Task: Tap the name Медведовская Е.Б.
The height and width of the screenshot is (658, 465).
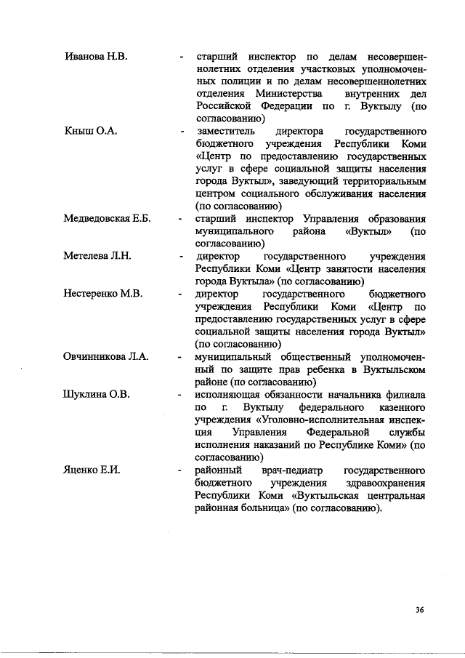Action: click(x=107, y=219)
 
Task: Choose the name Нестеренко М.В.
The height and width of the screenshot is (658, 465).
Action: click(x=103, y=294)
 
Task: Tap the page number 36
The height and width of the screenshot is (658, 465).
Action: click(x=419, y=609)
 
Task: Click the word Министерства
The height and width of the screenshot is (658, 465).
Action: click(x=289, y=94)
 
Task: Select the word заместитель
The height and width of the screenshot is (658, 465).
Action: click(x=225, y=132)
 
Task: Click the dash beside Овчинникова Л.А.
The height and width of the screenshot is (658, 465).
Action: click(x=179, y=357)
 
